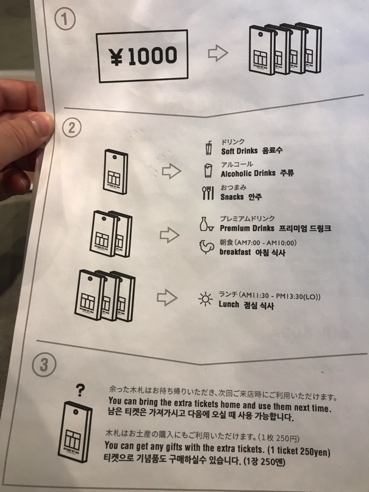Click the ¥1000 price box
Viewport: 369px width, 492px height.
[x=143, y=56]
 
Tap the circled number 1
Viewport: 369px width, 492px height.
[x=65, y=18]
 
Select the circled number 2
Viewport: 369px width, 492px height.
[x=71, y=128]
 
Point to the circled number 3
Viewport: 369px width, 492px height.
[x=44, y=364]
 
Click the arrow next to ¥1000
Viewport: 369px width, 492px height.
[x=218, y=53]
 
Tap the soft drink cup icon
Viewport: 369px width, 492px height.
[x=209, y=148]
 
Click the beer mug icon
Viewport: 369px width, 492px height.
[x=207, y=170]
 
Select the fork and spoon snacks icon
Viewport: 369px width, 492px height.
[x=208, y=193]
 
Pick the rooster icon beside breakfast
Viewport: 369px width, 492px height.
[x=207, y=247]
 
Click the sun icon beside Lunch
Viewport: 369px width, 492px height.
[x=206, y=299]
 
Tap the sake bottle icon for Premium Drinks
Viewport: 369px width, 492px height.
[x=206, y=224]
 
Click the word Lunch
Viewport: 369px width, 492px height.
[x=229, y=304]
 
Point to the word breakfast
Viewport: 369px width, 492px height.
[x=235, y=252]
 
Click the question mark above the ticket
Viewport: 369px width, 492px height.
[x=81, y=391]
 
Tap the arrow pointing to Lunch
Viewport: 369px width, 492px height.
[x=167, y=297]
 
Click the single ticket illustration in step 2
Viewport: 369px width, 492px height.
[x=115, y=172]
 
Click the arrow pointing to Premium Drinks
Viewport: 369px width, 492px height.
[x=170, y=235]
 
